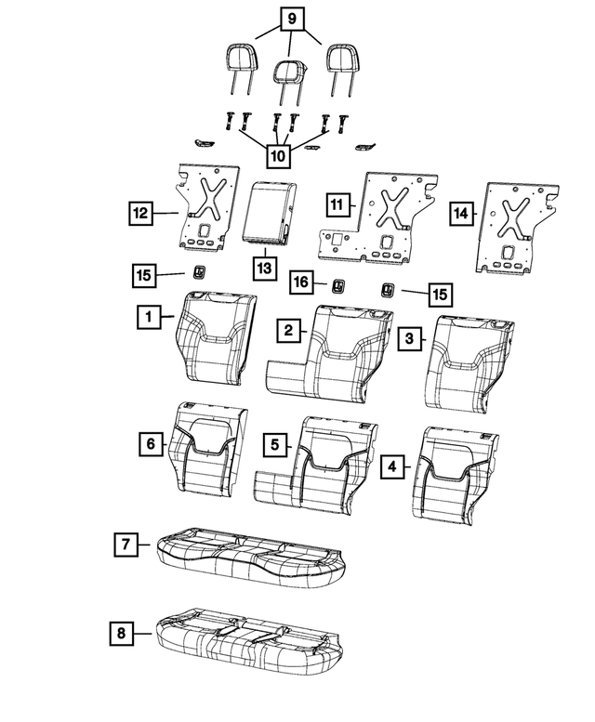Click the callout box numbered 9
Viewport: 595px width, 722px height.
(290, 18)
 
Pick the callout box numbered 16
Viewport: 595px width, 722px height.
(300, 281)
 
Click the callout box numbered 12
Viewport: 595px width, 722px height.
(140, 214)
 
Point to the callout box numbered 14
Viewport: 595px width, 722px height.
(460, 214)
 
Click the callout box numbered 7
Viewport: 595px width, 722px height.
(125, 544)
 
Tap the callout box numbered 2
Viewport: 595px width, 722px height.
(290, 330)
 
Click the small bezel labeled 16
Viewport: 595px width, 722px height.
(339, 285)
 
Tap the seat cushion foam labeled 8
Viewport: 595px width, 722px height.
(249, 638)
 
